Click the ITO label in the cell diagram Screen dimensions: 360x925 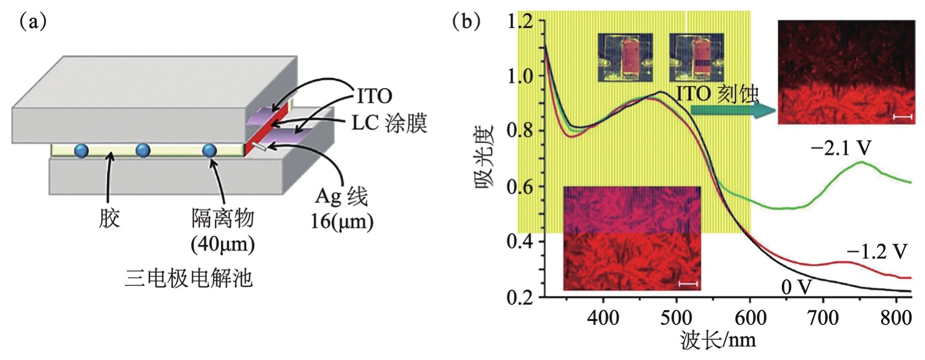point(374,95)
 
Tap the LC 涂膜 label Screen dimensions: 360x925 point(389,123)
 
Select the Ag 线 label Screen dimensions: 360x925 point(341,197)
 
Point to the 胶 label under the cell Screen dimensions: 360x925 point(109,219)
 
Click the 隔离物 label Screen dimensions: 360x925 point(223,219)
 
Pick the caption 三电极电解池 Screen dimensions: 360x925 point(188,278)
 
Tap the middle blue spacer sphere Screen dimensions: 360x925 point(143,150)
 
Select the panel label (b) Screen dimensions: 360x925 point(466,22)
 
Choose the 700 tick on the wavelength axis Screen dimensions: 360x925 point(823,317)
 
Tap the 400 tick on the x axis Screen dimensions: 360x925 point(603,317)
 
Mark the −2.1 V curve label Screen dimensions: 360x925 point(840,149)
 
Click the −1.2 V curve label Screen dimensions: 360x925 point(876,251)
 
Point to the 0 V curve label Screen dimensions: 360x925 point(796,286)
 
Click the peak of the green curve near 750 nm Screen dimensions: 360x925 point(861,163)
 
